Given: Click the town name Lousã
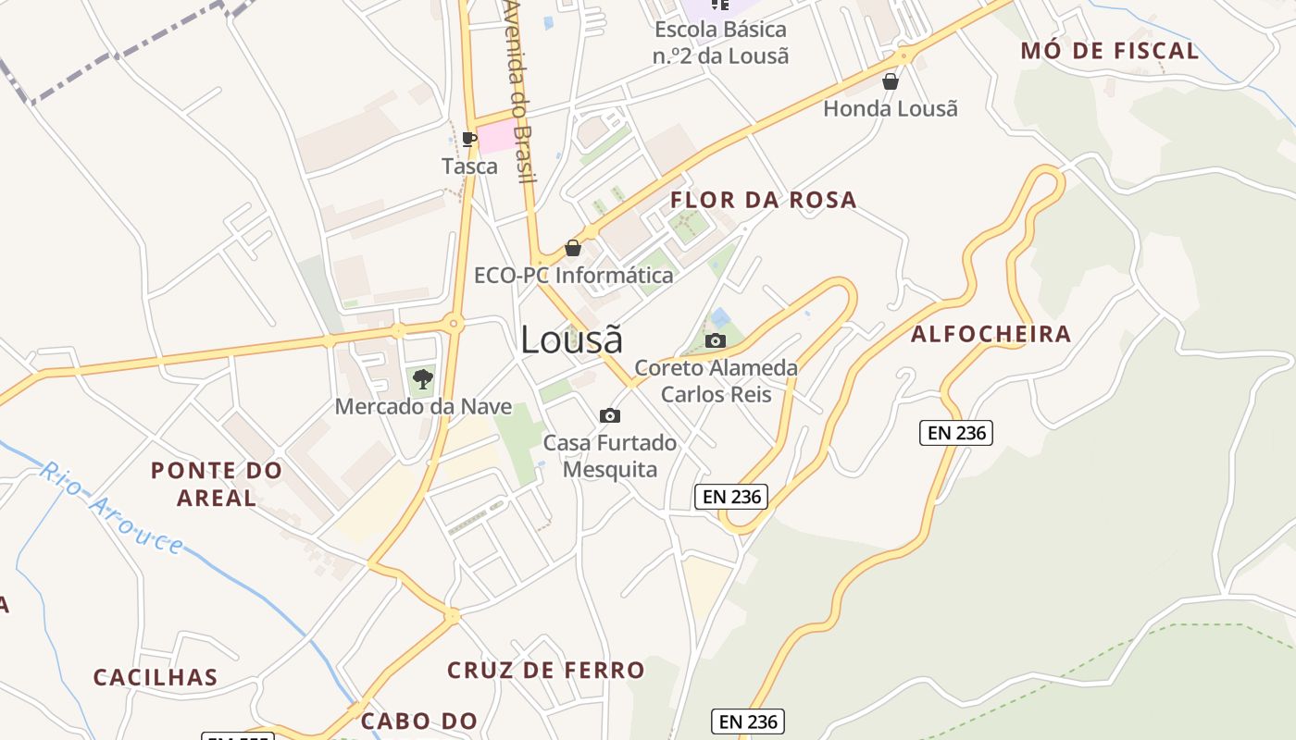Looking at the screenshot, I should click(x=571, y=340).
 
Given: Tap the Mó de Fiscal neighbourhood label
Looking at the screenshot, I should click(x=1110, y=51).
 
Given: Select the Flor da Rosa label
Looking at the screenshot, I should click(x=764, y=200).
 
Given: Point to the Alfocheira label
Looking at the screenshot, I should click(x=991, y=334).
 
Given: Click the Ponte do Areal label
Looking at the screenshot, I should click(x=217, y=484).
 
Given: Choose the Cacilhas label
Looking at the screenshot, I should click(x=156, y=677).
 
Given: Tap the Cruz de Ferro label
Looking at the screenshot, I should click(x=545, y=670).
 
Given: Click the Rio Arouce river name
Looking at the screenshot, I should click(x=111, y=508).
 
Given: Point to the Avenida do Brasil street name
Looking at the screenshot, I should click(x=520, y=92).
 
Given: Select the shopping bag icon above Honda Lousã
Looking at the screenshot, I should click(x=891, y=81).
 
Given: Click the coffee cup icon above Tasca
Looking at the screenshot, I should click(x=469, y=140).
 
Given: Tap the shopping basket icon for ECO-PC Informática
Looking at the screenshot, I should click(x=573, y=248).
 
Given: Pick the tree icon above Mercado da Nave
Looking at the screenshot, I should click(x=423, y=378).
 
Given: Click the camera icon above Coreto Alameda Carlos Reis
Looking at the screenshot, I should click(x=715, y=340).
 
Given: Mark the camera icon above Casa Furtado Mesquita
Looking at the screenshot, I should click(x=610, y=415).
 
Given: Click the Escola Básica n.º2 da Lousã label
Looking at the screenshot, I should click(x=721, y=43).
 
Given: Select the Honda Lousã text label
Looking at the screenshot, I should click(x=891, y=108).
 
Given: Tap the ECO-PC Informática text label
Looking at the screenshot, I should click(x=574, y=275).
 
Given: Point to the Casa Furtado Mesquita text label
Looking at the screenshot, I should click(x=610, y=456).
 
